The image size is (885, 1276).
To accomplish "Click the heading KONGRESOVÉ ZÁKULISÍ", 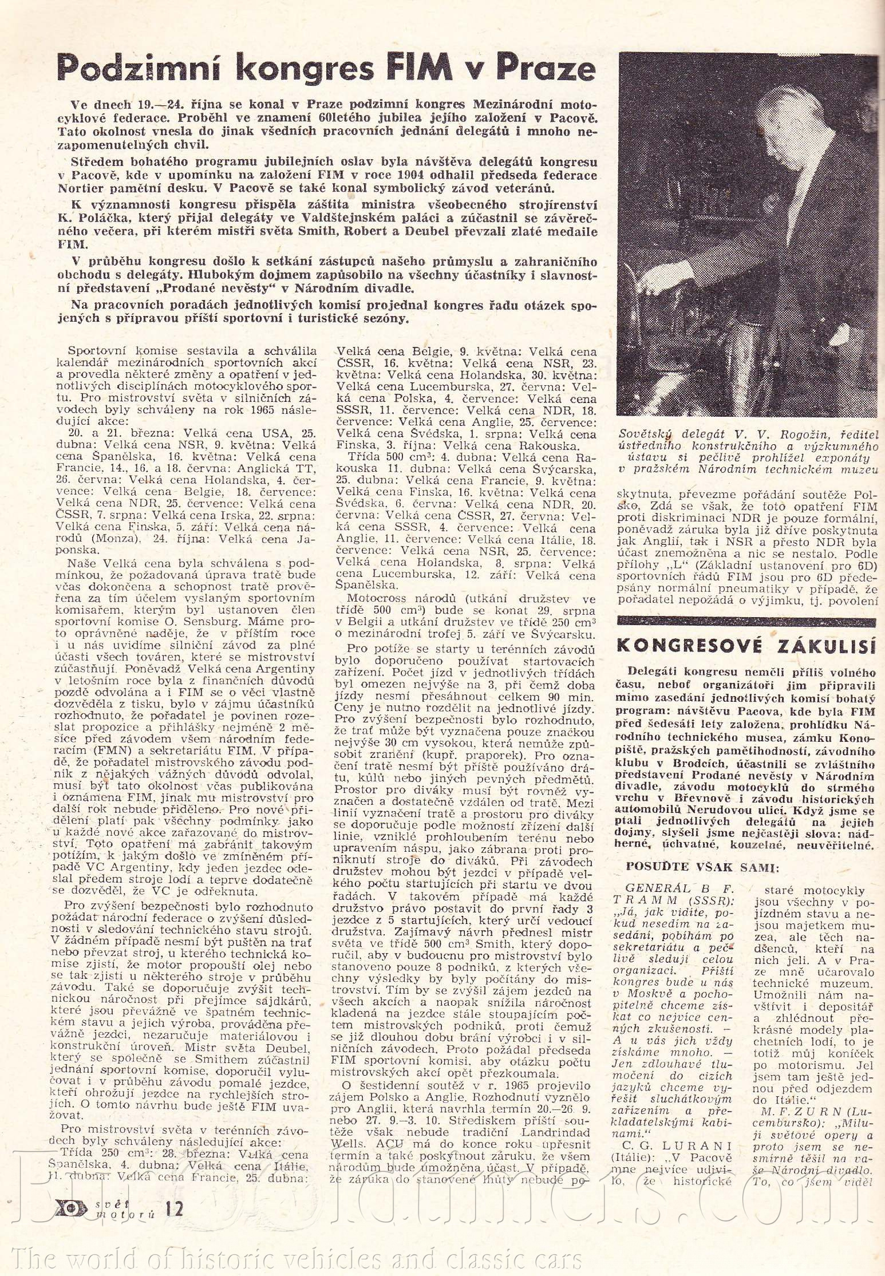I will point(746,646).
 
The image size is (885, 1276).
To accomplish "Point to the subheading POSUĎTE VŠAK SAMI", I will point(702,867).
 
